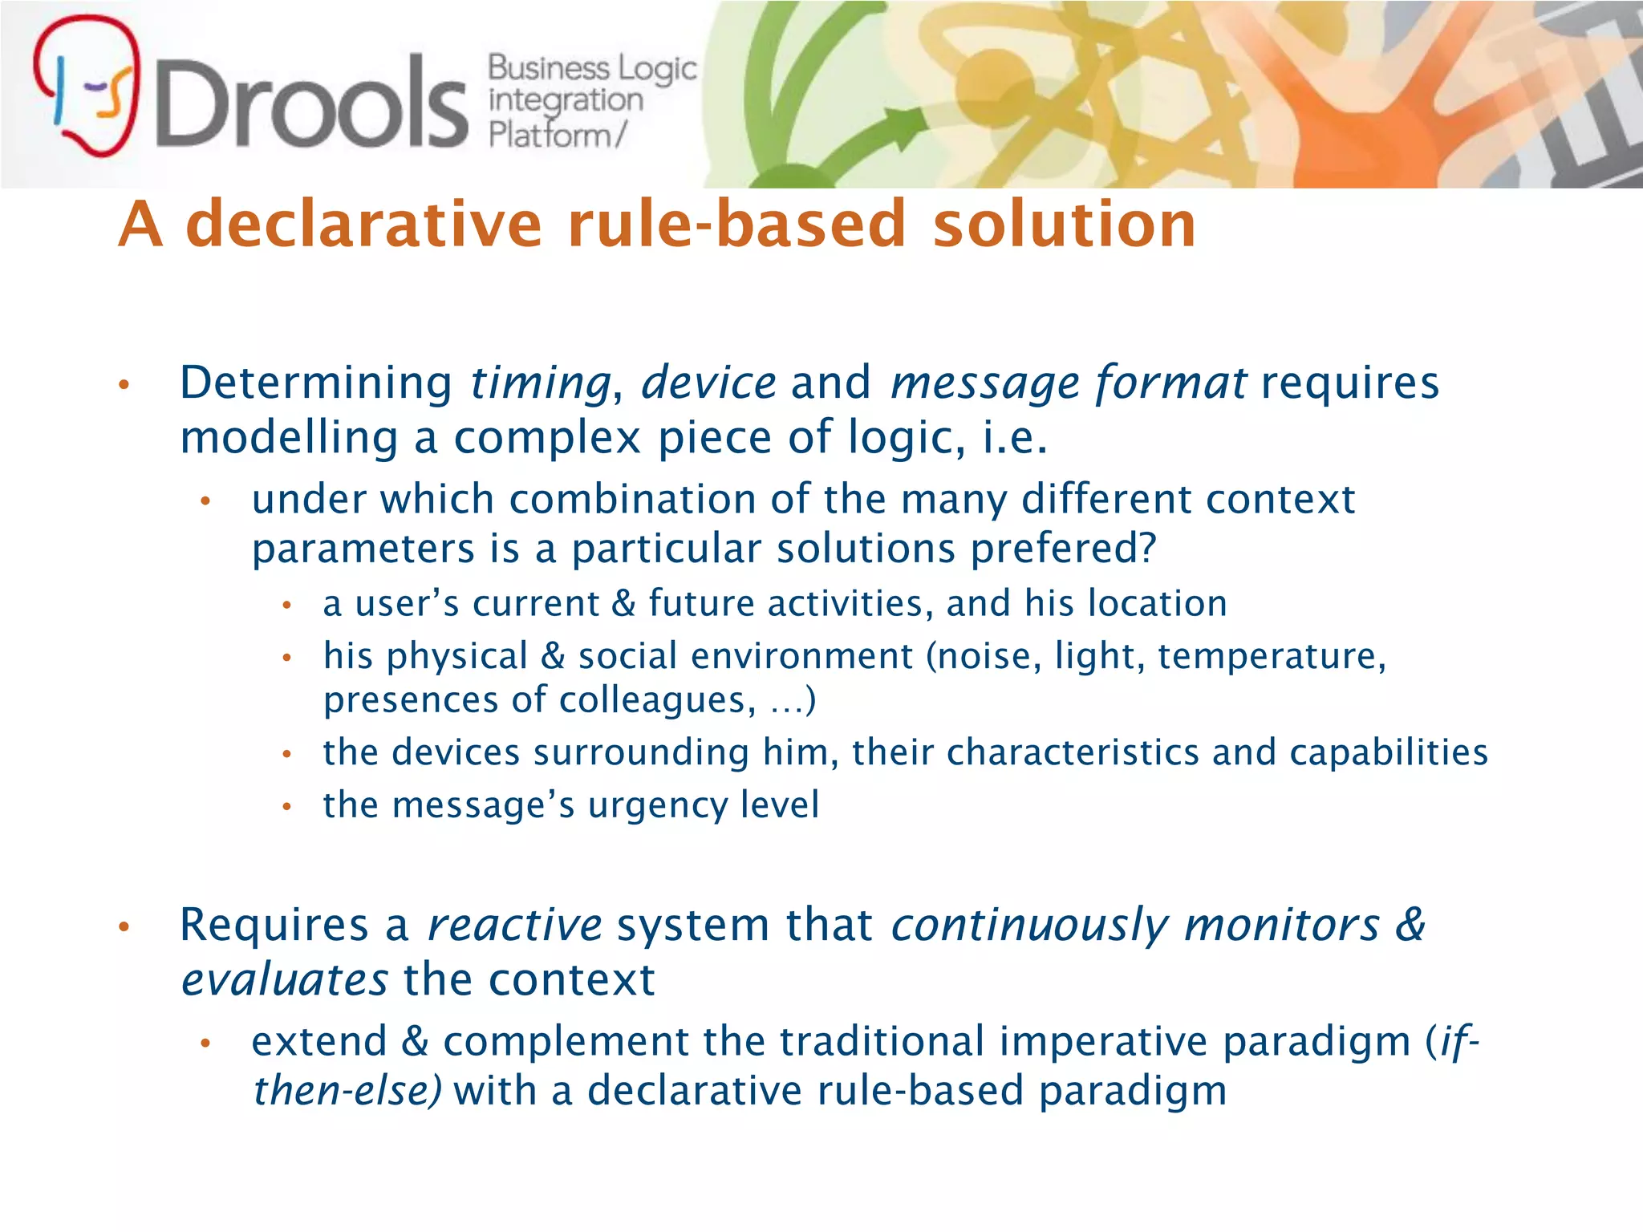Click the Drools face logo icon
point(87,87)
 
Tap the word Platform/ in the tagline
point(556,135)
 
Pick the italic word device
point(708,383)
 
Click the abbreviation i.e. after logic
point(1015,438)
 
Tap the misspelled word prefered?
point(1063,549)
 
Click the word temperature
point(1271,657)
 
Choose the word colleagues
point(657,700)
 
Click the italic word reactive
point(514,925)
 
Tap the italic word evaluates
point(284,980)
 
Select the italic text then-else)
point(347,1091)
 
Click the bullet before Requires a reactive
point(124,928)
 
